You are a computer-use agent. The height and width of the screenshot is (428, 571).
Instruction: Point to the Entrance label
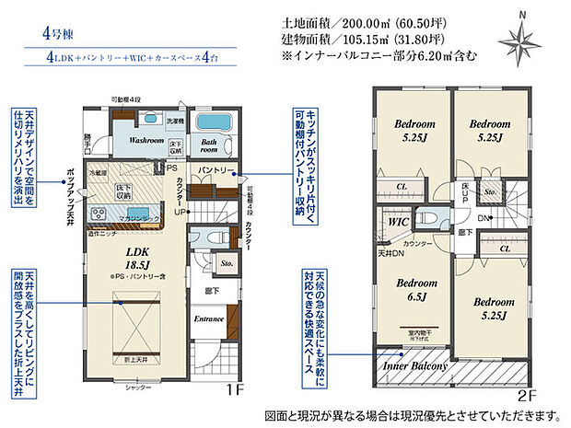tap(209, 319)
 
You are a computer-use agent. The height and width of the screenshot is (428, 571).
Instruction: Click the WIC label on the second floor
tap(398, 222)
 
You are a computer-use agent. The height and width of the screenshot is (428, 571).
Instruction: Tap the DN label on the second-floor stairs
tap(483, 217)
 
